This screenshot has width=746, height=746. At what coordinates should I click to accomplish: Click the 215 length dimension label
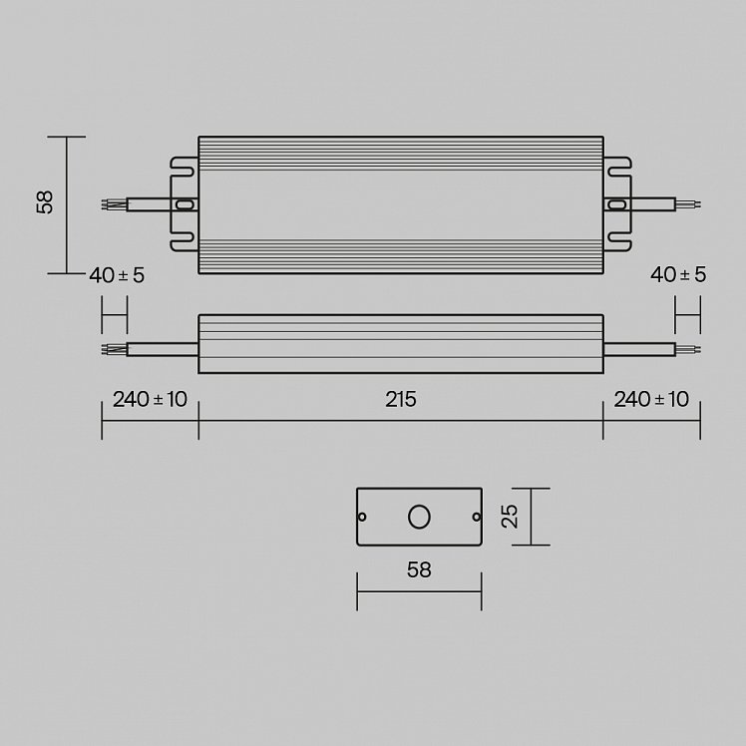pos(401,399)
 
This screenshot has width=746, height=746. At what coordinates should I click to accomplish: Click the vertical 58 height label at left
pos(45,202)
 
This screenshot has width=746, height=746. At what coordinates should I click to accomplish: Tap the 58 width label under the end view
pos(419,569)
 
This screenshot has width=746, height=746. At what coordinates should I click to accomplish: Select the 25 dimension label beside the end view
pos(510,517)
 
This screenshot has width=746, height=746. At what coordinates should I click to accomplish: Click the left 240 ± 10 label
pos(150,399)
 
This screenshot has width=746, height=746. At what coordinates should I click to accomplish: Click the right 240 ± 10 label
pos(651,399)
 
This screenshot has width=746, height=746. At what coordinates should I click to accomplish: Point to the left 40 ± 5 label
pos(117,275)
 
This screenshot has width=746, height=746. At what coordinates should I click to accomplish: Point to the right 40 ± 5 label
pos(678,274)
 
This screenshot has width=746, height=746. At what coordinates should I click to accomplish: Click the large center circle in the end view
pos(419,517)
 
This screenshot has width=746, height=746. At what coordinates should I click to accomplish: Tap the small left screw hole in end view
pos(362,517)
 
